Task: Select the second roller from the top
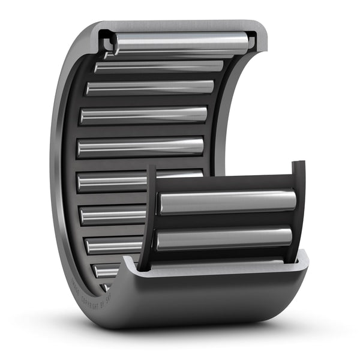point(159,67)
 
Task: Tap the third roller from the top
point(150,88)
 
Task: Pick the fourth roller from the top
point(144,115)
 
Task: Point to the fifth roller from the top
point(141,146)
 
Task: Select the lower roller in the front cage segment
point(224,238)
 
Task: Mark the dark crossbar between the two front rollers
point(224,221)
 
